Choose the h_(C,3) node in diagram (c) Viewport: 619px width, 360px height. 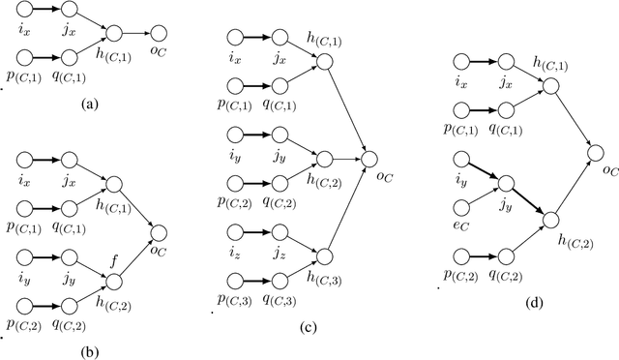coord(323,255)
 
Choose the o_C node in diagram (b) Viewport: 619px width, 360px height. coord(159,232)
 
